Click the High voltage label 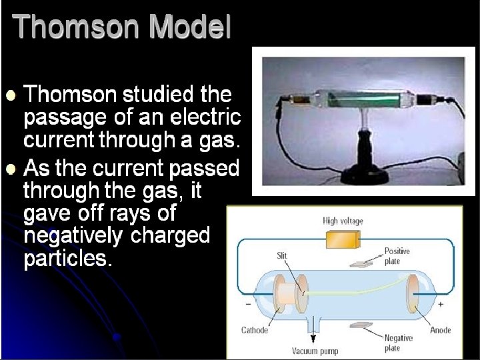(x=343, y=221)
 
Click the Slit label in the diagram (x=282, y=255)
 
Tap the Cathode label (x=254, y=330)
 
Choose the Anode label (x=441, y=330)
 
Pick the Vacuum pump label (x=315, y=351)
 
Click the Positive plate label (x=397, y=256)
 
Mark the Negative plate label (x=398, y=343)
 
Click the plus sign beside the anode (x=441, y=304)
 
